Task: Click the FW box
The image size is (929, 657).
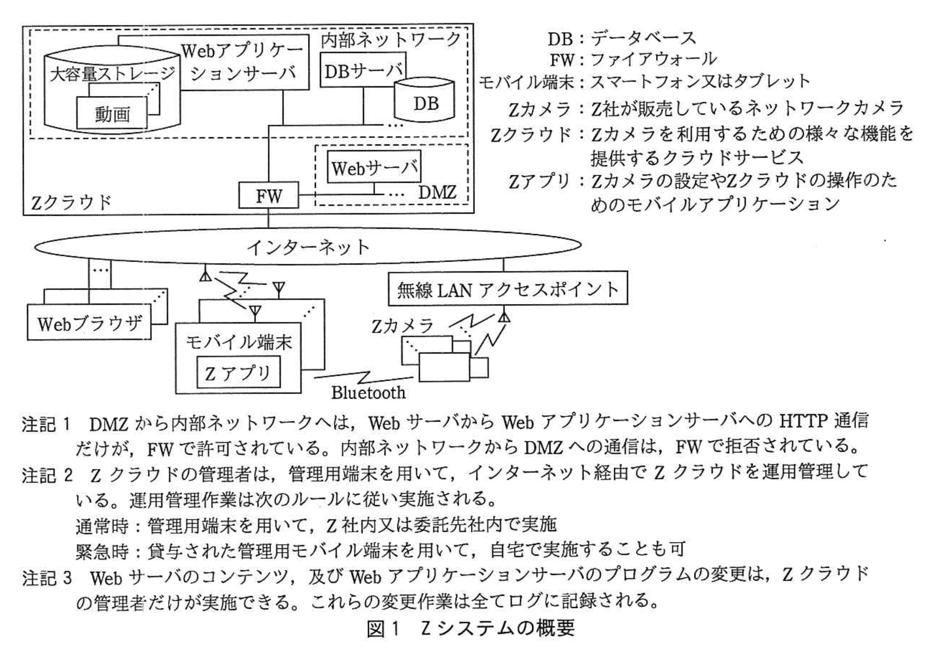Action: coord(269,195)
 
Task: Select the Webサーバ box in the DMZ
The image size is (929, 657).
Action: coord(374,167)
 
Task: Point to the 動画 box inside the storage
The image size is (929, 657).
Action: coord(112,113)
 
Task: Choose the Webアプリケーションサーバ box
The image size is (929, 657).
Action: coord(243,62)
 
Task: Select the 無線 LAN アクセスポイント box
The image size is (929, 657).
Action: coord(508,289)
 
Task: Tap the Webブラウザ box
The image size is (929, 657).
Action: coord(89,324)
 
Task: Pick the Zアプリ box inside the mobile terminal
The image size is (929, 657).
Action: coord(238,372)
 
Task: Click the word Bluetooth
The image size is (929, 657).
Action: coord(368,392)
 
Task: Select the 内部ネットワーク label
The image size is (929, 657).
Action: coord(391,40)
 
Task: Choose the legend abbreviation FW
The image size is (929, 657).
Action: coord(561,60)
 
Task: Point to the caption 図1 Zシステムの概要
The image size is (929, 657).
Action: coord(471,629)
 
